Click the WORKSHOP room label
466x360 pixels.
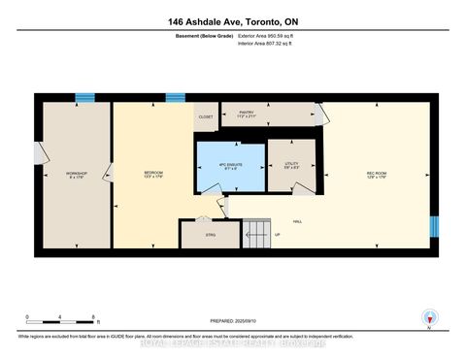coord(77,175)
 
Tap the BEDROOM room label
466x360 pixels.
coord(151,175)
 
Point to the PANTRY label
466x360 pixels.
coord(247,114)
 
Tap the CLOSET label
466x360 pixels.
coord(205,117)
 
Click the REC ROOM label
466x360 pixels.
coord(377,175)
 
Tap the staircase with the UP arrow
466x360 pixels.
coord(256,234)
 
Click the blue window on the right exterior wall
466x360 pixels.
coord(434,226)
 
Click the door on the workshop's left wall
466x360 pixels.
coord(39,153)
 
